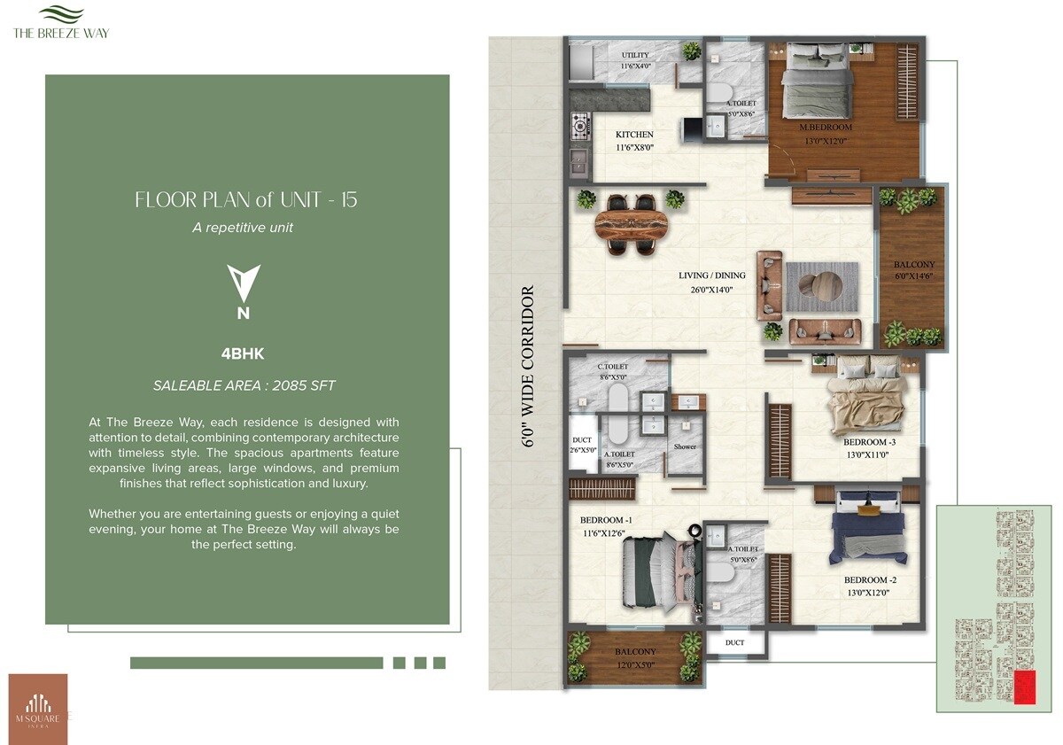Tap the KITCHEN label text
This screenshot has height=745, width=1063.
pos(634,135)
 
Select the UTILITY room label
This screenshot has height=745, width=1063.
pos(635,56)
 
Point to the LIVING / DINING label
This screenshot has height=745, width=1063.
pos(712,275)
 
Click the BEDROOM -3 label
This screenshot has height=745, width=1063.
pos(870,441)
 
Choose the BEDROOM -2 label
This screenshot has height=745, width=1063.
pos(870,580)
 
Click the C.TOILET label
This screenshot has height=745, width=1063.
pos(612,366)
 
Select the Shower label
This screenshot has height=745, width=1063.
pos(685,446)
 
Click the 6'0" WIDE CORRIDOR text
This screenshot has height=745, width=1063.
pos(529,366)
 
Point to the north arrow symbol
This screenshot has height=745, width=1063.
pos(244,283)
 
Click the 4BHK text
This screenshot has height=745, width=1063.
pos(243,354)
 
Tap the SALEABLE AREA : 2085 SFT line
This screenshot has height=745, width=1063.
pos(244,385)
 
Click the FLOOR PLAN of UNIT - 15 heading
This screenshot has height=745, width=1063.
pos(246,199)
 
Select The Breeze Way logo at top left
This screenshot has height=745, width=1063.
pos(61,21)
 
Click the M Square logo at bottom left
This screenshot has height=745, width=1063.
pos(37,709)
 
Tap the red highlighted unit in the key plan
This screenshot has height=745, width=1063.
pos(1023,687)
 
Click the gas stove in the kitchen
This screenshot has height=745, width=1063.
pos(580,126)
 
